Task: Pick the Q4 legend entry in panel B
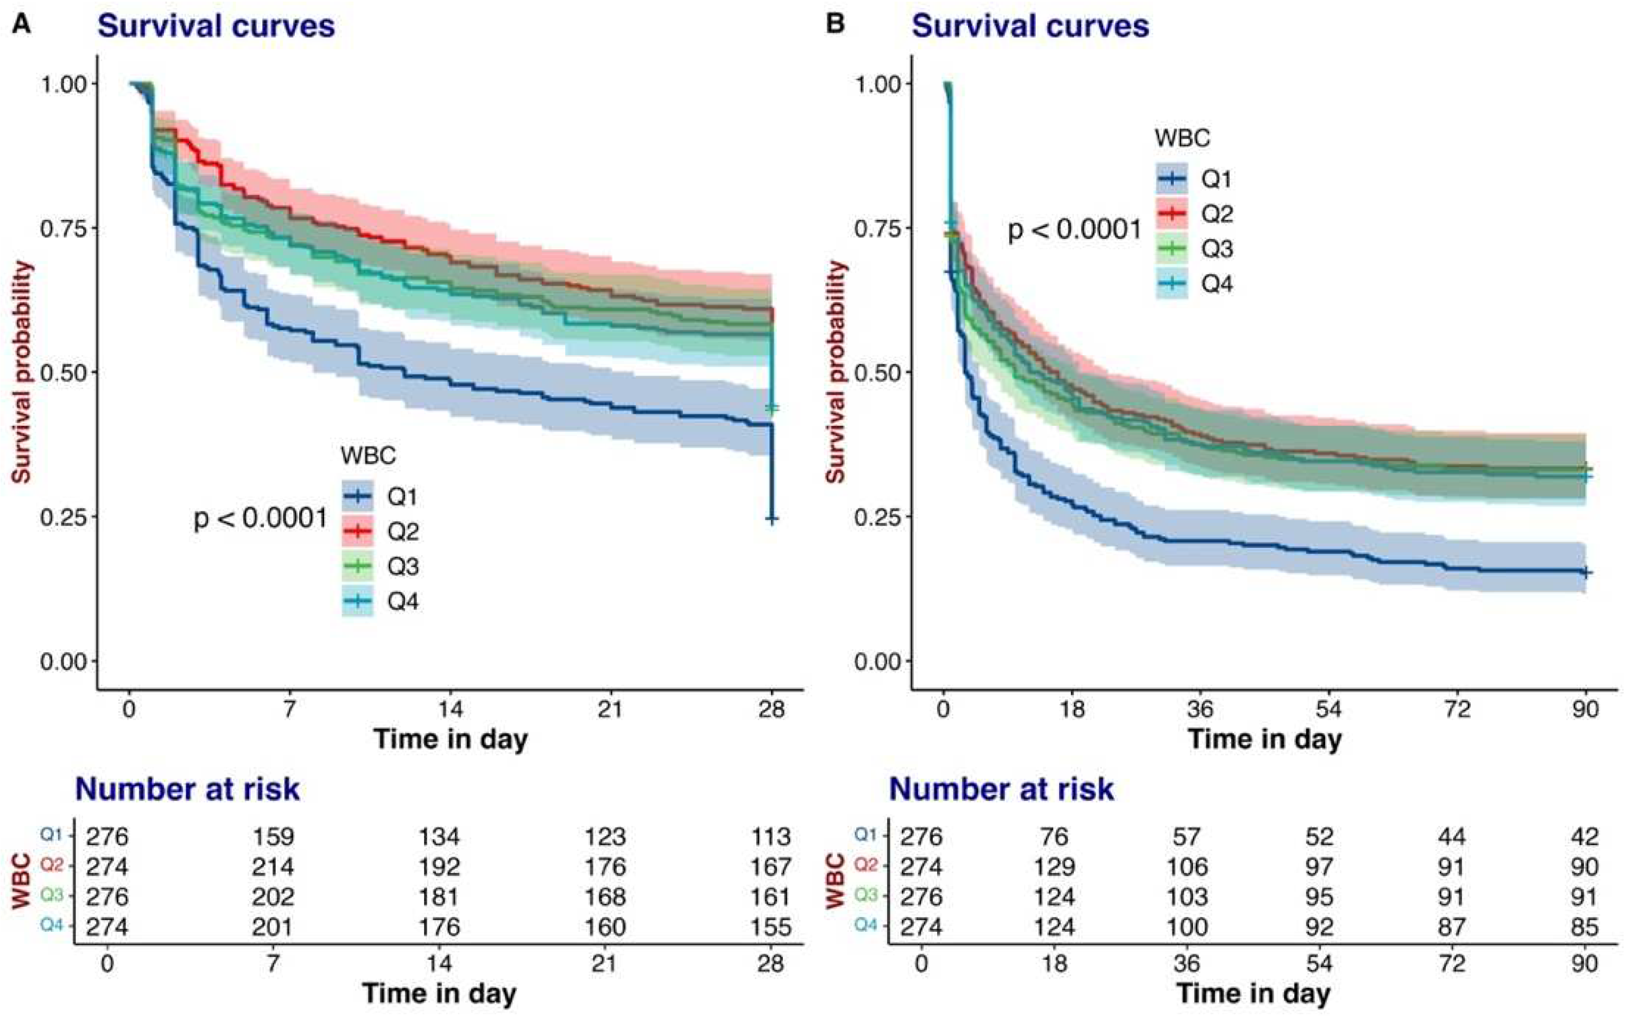click(x=1216, y=284)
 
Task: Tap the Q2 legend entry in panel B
click(x=1216, y=214)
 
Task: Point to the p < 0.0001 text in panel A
click(x=261, y=519)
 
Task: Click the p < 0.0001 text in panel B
click(x=1074, y=230)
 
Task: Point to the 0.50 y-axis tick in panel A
click(x=64, y=373)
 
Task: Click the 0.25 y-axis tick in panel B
click(x=877, y=517)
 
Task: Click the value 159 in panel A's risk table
click(x=273, y=837)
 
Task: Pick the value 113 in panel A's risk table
click(x=770, y=837)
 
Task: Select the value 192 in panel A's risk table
click(x=439, y=867)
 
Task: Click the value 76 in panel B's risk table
click(x=1054, y=837)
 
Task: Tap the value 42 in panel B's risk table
click(x=1584, y=837)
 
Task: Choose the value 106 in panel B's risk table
click(x=1187, y=867)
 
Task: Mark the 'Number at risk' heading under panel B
click(x=1002, y=789)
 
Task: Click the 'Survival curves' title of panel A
click(x=216, y=26)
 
